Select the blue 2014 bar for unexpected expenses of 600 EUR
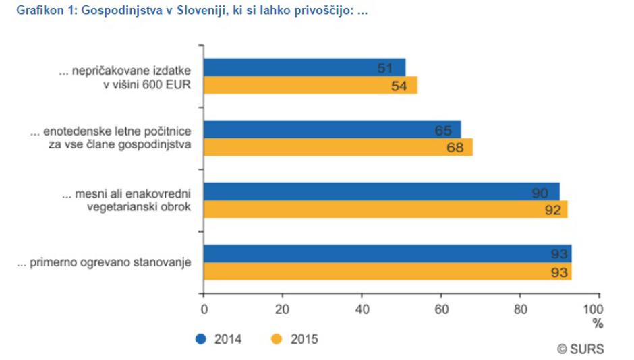click(x=304, y=67)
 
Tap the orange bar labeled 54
click(x=310, y=86)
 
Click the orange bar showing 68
click(x=338, y=147)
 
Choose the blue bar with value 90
click(x=381, y=191)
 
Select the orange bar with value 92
click(x=385, y=209)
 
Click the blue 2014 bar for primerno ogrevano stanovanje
click(x=387, y=253)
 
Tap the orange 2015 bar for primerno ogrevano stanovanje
click(x=387, y=271)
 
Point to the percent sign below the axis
click(x=598, y=324)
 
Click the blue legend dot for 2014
click(x=202, y=339)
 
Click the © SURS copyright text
click(x=580, y=349)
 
